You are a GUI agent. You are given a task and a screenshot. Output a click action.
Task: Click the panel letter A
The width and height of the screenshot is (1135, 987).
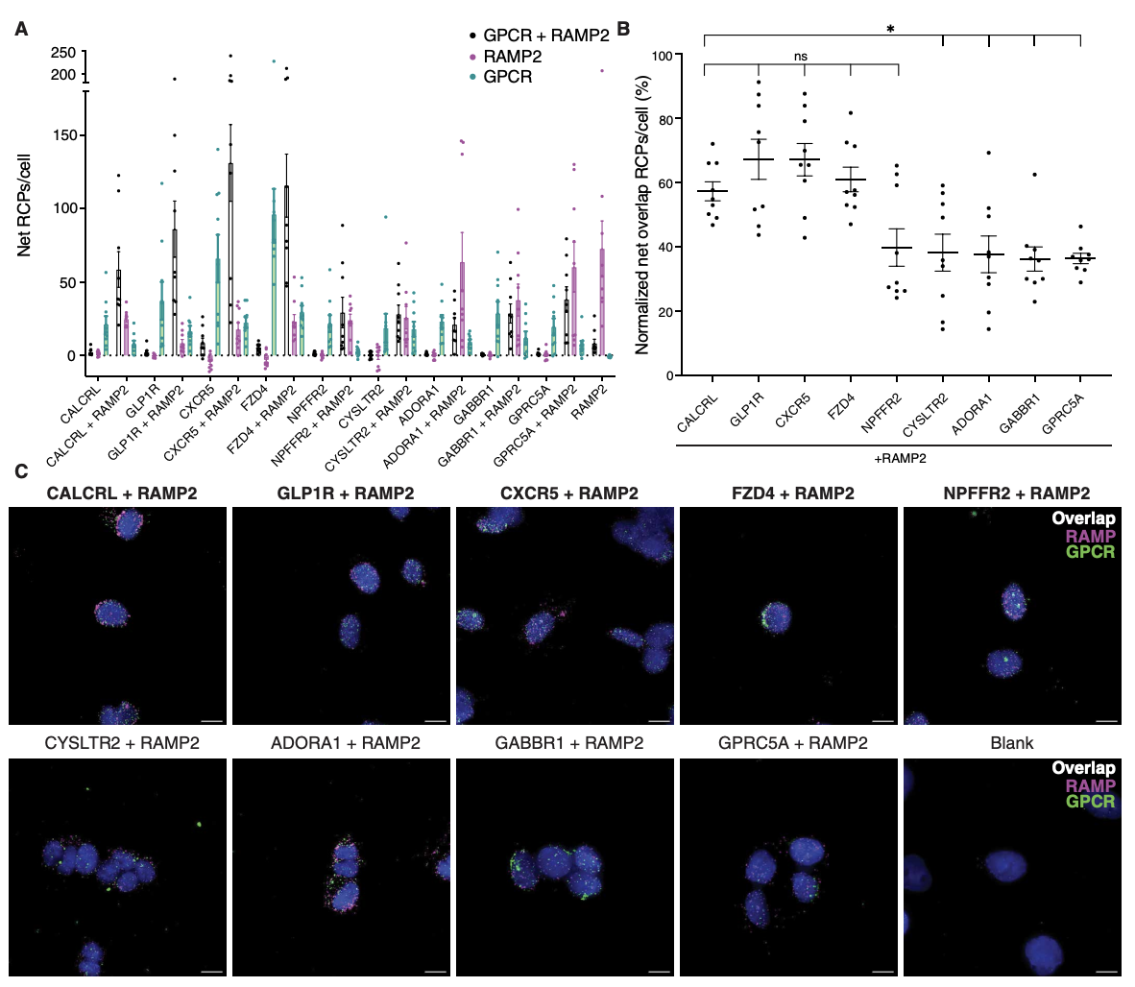click(21, 29)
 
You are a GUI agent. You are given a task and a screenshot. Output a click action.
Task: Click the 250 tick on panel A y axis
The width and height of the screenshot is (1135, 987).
click(63, 53)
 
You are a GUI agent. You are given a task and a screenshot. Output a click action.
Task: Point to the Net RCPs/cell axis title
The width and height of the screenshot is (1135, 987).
click(24, 204)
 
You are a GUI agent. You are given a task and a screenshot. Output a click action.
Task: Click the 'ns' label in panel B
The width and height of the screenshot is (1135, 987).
click(801, 57)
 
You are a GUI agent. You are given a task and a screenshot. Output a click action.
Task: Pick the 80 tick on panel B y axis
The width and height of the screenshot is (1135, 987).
click(662, 119)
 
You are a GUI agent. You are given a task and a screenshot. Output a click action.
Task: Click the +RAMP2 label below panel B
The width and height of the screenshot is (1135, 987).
click(900, 458)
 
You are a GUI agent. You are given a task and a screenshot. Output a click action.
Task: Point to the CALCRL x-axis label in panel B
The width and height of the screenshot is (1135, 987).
click(699, 412)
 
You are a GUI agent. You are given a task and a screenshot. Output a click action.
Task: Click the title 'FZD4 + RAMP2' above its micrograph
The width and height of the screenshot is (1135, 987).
click(792, 493)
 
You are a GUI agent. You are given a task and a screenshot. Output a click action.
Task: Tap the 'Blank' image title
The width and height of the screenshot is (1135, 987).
click(1011, 742)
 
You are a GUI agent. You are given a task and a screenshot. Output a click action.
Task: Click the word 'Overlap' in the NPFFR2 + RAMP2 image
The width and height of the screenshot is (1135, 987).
click(1083, 518)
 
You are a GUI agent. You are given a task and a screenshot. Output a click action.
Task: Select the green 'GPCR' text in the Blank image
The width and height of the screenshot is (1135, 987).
click(1090, 801)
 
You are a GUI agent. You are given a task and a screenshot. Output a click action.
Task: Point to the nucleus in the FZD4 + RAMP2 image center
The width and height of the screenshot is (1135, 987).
click(775, 615)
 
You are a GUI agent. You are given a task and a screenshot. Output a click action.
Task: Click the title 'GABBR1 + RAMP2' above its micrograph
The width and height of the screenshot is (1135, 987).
click(568, 742)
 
